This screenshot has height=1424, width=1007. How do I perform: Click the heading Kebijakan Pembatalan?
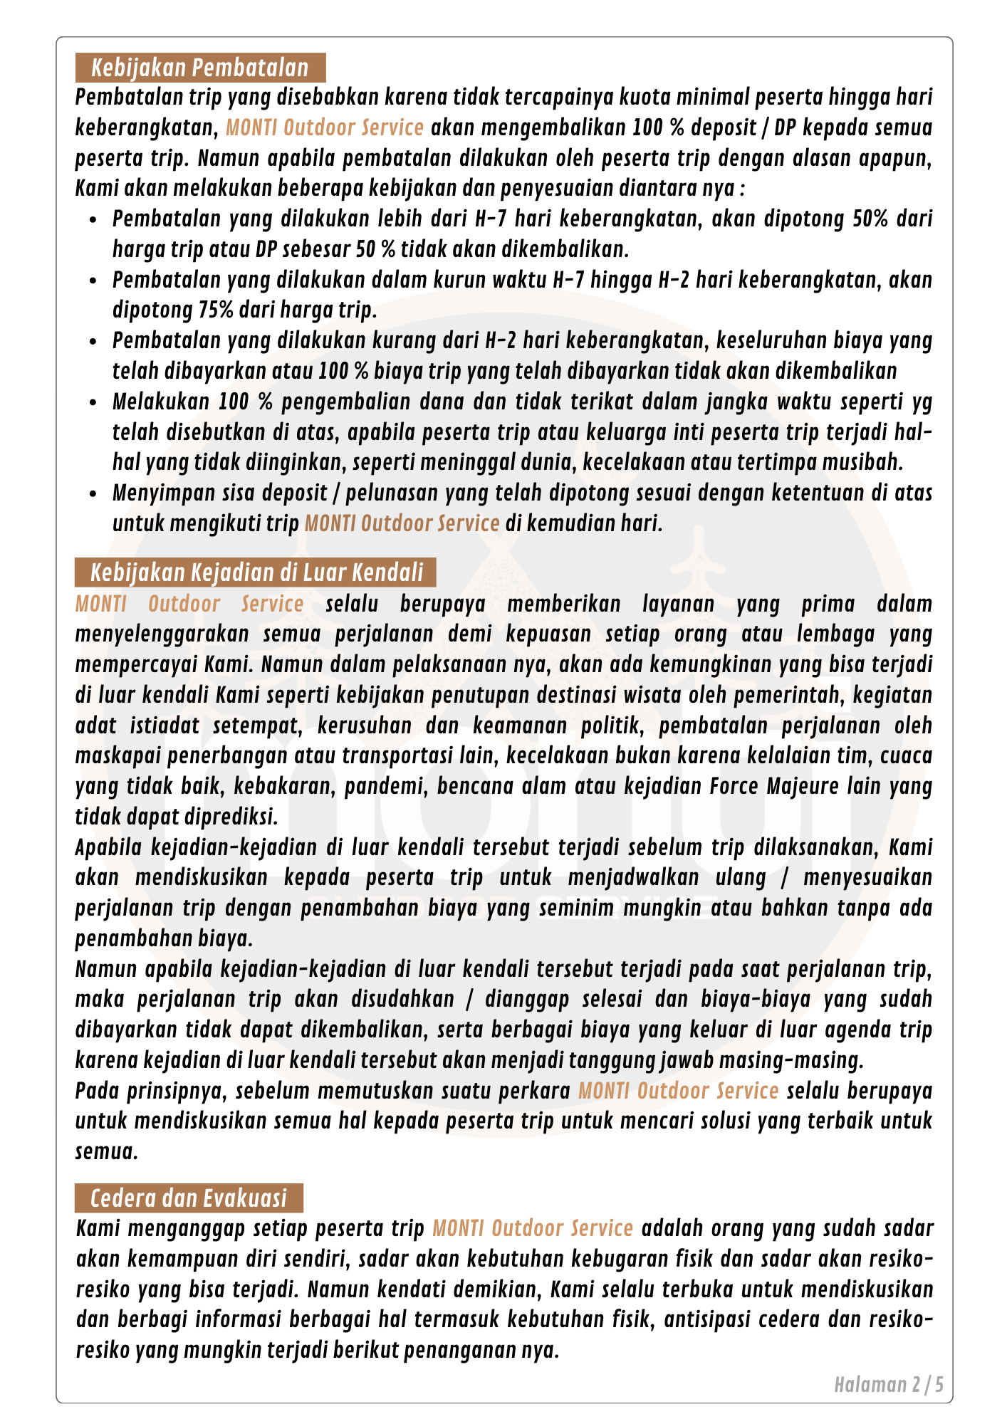coord(200,68)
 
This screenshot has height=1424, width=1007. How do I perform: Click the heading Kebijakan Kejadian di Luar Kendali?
coord(256,572)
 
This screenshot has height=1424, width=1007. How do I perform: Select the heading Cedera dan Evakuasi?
coord(189,1198)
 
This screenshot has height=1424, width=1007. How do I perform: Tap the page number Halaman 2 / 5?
coord(889,1385)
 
